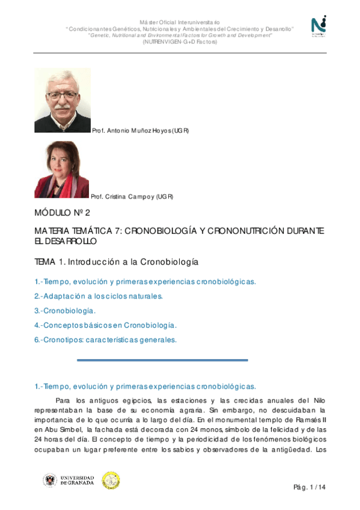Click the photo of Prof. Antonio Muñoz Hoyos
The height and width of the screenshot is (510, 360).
point(62,100)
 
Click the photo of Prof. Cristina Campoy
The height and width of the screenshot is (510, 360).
point(61,170)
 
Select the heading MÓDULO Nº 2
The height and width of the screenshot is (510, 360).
point(62,213)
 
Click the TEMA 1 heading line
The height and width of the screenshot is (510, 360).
point(116,262)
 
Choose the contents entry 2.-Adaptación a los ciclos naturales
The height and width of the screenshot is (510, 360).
point(99,296)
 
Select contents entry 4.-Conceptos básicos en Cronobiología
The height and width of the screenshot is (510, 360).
point(105,325)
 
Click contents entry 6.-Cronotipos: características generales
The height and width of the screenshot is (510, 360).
point(105,340)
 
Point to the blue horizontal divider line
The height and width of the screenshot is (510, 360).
point(162,360)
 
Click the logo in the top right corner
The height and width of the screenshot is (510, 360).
point(319,26)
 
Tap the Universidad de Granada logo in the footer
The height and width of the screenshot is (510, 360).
point(68,480)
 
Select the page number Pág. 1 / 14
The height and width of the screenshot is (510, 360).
point(310,487)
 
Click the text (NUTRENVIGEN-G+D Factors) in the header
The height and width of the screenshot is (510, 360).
point(180,41)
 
